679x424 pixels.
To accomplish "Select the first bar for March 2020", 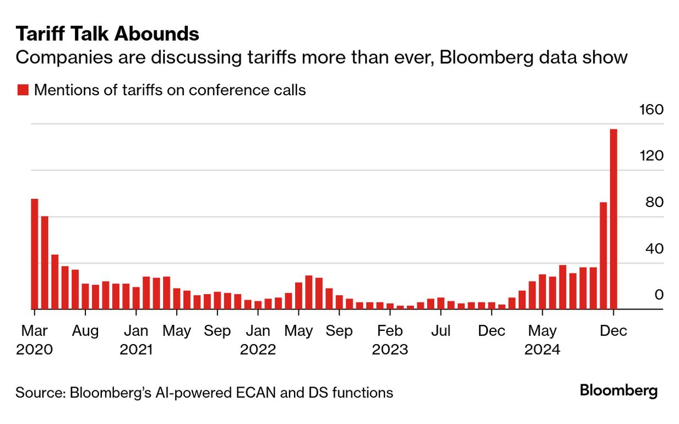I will [x=35, y=254].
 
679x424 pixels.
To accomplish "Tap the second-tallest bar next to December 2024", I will [x=603, y=256].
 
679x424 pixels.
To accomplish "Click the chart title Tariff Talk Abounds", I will [x=107, y=34].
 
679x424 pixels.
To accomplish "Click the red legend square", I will [x=23, y=90].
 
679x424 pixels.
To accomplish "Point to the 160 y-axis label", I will [x=651, y=110].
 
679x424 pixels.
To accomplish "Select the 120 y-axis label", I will [x=651, y=156].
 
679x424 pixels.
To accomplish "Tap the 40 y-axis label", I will [x=655, y=248].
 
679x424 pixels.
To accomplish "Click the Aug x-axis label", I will [x=86, y=331].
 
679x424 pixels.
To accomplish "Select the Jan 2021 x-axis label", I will [x=136, y=340].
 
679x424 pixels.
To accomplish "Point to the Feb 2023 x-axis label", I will [x=390, y=340].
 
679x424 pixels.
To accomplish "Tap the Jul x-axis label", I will [x=441, y=331].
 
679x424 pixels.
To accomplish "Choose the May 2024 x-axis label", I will [x=542, y=340].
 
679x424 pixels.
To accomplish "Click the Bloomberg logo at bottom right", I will [x=618, y=392].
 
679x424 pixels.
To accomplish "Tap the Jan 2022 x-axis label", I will [x=258, y=340].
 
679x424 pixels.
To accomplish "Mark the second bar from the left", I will [x=45, y=263].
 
